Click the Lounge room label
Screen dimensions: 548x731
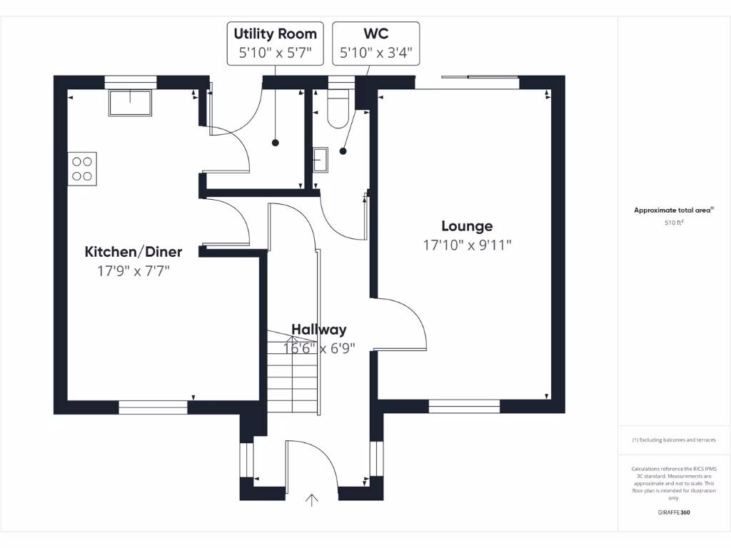(467, 226)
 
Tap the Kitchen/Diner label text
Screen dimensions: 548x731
(133, 252)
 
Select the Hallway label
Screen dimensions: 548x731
(319, 330)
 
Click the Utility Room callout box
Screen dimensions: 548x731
(275, 44)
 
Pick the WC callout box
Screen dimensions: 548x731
(375, 44)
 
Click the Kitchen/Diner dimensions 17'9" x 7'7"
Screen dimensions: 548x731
(133, 271)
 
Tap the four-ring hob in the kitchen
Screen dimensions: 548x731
(82, 169)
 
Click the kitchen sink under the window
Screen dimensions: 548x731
(130, 102)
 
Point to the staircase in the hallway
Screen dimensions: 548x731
(291, 375)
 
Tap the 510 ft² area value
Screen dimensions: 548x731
(674, 223)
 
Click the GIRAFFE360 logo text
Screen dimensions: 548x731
(673, 512)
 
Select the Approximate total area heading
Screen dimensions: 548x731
(673, 210)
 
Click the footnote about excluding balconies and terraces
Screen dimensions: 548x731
(673, 440)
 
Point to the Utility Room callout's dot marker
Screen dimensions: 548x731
(276, 143)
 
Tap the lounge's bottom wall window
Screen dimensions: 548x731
(464, 406)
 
